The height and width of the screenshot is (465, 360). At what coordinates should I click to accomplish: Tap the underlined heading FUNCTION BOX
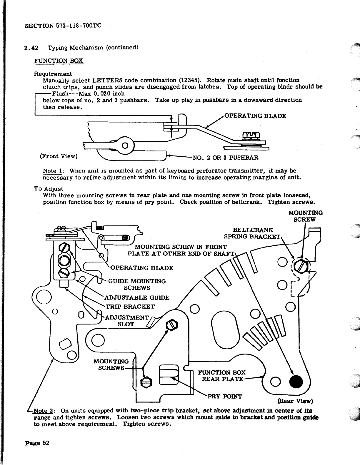(x=59, y=61)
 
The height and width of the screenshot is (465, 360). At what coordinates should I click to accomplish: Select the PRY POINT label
(x=225, y=396)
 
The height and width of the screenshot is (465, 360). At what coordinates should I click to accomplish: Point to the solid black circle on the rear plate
(x=296, y=382)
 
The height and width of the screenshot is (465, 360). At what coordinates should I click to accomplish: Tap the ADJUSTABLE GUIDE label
(x=137, y=297)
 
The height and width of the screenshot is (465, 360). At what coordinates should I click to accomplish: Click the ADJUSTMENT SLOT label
(x=127, y=321)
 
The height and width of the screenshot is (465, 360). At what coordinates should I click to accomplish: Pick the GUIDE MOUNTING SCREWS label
(x=137, y=285)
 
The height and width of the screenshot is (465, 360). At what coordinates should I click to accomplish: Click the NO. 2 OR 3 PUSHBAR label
(x=225, y=158)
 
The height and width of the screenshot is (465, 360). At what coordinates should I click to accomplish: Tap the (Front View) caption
(x=59, y=156)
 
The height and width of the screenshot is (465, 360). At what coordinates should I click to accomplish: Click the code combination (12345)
(x=190, y=80)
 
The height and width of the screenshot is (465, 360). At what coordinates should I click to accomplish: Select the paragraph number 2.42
(x=29, y=47)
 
